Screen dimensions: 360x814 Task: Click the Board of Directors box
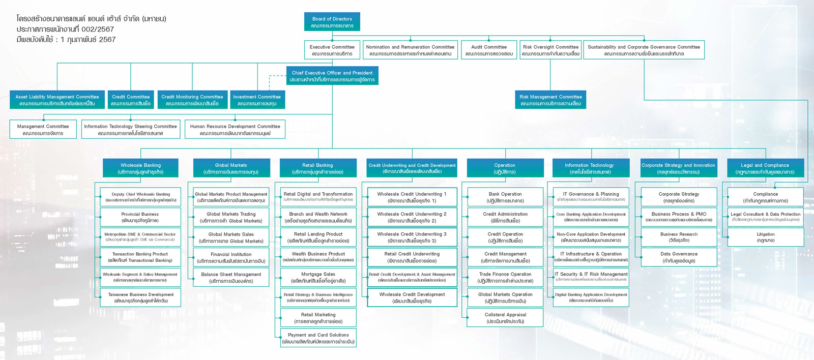332,22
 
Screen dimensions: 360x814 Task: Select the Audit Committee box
488,50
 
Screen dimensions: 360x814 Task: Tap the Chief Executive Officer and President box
332,76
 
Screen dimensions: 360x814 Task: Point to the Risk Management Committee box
550,100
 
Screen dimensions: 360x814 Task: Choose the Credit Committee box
131,100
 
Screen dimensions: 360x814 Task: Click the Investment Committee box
257,100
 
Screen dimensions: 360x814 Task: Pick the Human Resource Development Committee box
235,130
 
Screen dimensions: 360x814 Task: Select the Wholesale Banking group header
140,168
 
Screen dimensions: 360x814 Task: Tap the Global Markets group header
231,168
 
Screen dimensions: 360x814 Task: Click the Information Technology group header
589,168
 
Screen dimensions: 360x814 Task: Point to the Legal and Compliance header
765,168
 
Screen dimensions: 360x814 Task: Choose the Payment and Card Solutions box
318,338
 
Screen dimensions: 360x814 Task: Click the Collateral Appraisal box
505,318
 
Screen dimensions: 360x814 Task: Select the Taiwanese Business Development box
141,297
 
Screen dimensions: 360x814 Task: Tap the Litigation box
765,237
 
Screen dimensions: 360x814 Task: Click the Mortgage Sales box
318,278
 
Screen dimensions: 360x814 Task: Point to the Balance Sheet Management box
231,278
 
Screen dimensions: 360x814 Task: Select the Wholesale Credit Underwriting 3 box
412,237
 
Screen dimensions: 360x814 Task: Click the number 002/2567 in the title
98,29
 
